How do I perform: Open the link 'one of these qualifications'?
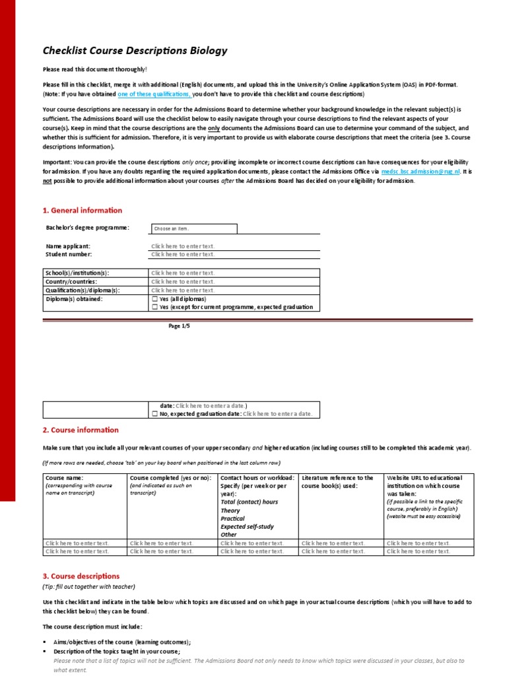(154, 94)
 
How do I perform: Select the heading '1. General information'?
(83, 211)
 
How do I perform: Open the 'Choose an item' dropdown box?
(193, 228)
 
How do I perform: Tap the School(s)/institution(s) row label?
(77, 273)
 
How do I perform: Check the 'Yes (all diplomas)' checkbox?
(154, 299)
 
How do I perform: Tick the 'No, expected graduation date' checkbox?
(154, 414)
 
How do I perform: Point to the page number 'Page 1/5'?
(180, 326)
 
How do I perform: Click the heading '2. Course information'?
(81, 430)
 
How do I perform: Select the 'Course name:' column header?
(64, 477)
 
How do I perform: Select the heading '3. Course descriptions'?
(81, 576)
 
